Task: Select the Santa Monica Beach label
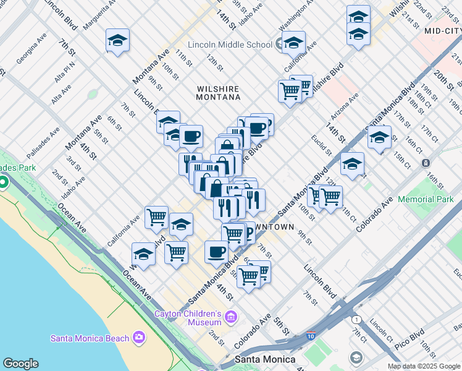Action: (90, 338)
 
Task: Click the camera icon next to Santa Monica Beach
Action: (139, 338)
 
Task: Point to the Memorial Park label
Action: (426, 199)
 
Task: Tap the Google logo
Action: (20, 364)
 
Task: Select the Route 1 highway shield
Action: (356, 319)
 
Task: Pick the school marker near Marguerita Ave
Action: (117, 41)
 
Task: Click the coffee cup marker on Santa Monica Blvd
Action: (216, 252)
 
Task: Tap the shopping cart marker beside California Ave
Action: (157, 217)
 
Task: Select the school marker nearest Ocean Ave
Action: (143, 254)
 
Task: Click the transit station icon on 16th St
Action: (426, 163)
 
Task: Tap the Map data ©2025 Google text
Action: (424, 366)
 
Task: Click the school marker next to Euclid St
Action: (352, 164)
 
